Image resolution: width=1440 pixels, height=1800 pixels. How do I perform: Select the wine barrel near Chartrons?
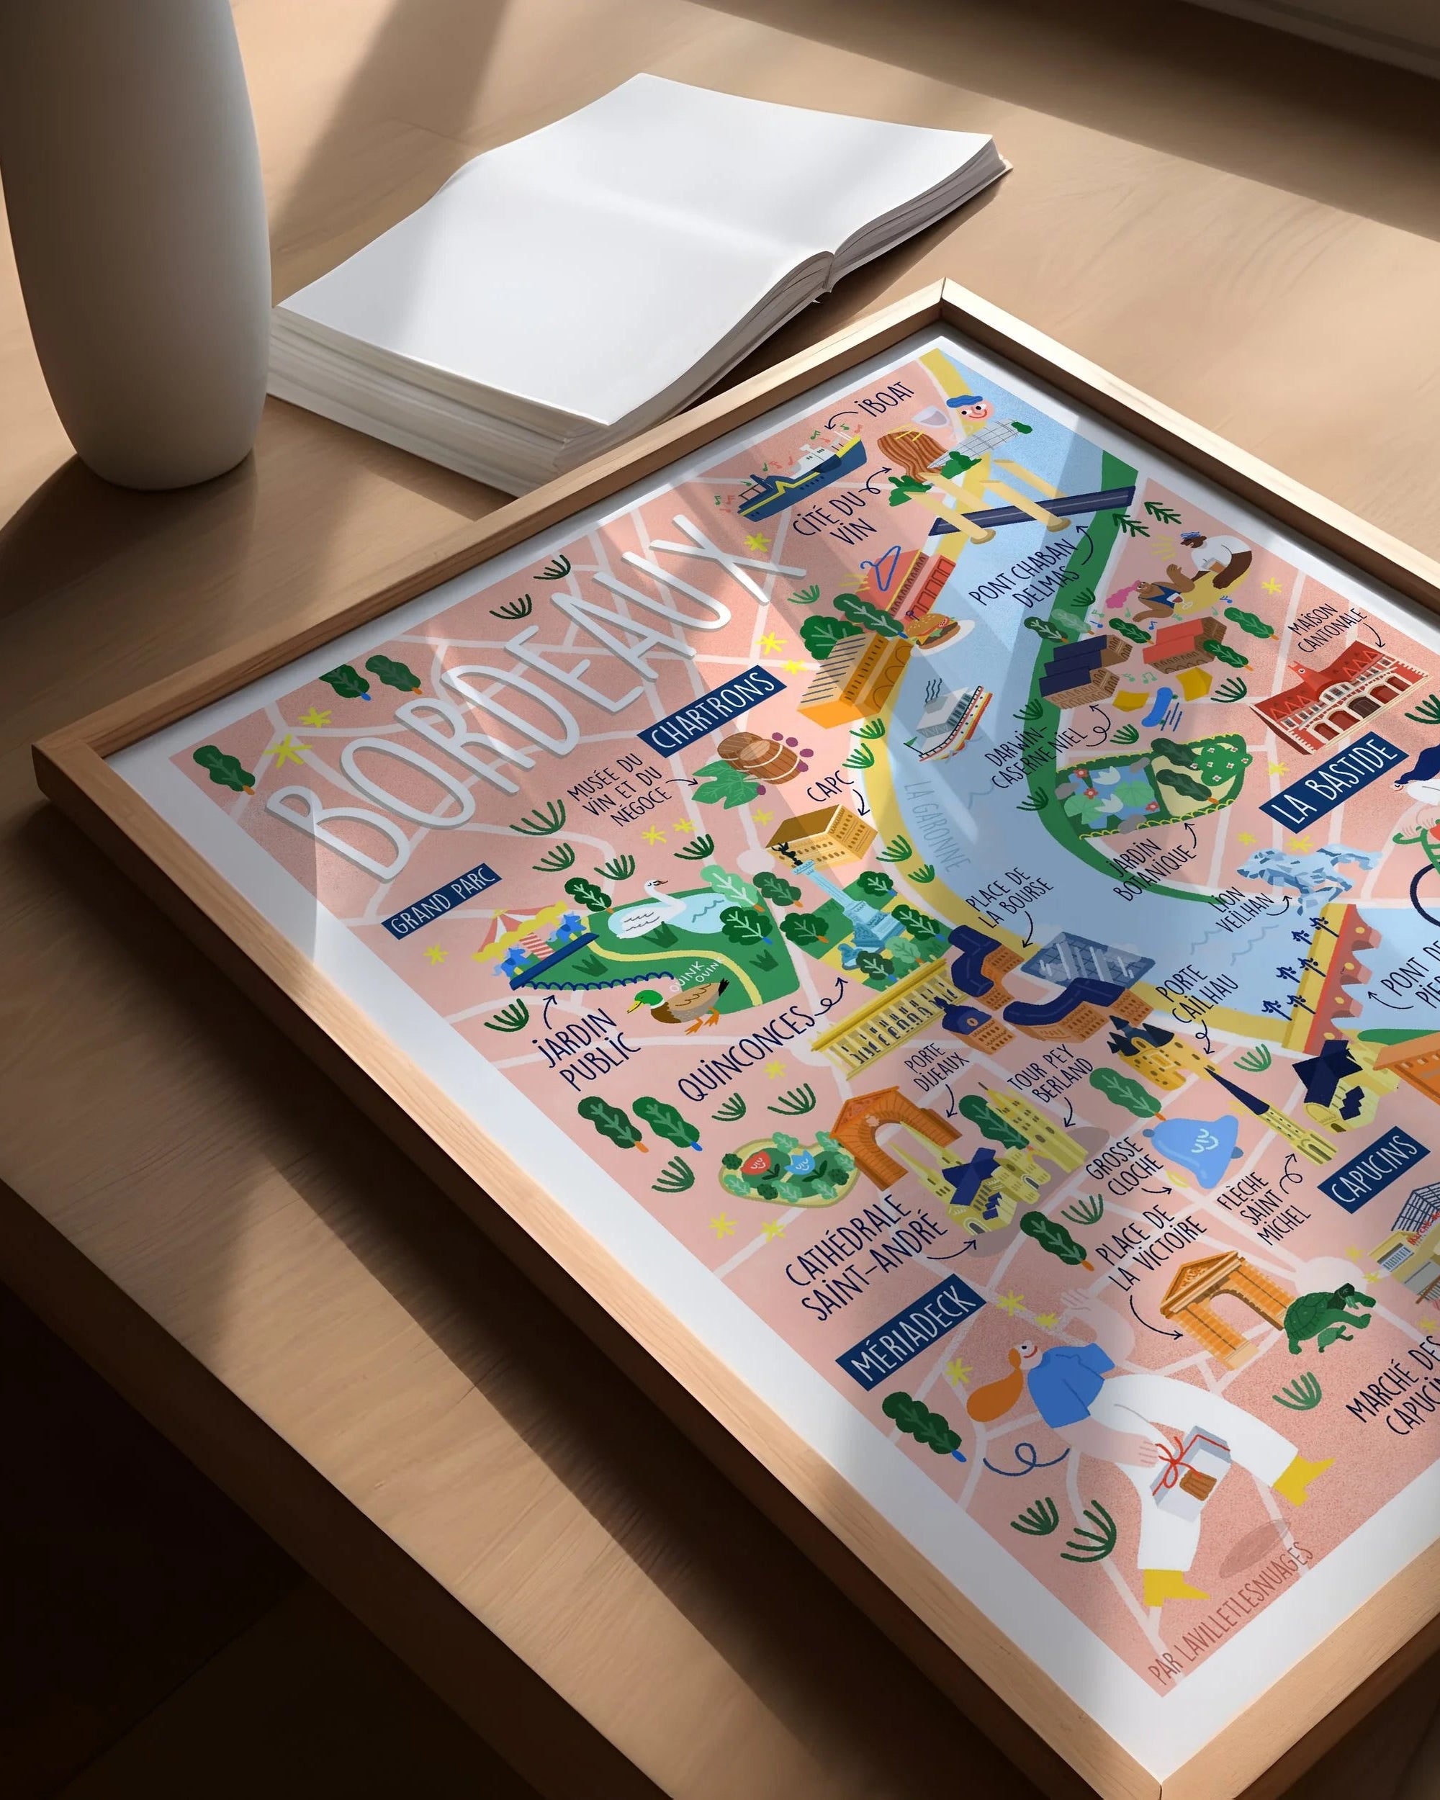[x=748, y=754]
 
